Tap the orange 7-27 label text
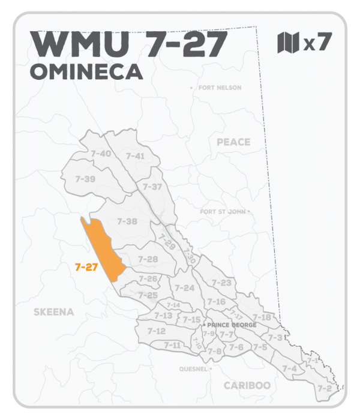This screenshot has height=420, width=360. [86, 268]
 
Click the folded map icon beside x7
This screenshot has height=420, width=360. [288, 43]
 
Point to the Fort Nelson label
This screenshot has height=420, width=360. [218, 88]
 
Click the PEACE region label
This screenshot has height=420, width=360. [233, 142]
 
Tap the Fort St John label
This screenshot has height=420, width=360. [223, 212]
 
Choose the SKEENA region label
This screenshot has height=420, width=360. [54, 312]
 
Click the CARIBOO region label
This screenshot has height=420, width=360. [247, 385]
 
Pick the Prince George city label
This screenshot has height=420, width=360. [232, 325]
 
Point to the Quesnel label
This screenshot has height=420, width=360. [193, 369]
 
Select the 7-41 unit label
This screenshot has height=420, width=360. [135, 156]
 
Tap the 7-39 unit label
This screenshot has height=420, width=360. [86, 179]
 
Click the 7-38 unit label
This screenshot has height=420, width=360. [127, 221]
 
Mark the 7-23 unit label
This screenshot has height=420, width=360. [221, 283]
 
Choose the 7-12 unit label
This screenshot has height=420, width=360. [156, 331]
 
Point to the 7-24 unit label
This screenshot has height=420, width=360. [185, 288]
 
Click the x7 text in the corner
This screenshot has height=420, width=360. [317, 43]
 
